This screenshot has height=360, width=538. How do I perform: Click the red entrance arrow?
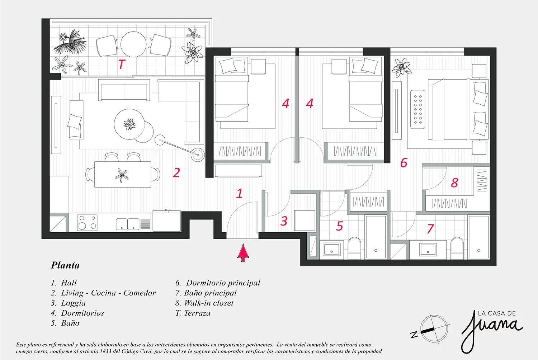tap(243, 253)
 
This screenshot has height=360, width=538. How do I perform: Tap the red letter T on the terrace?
tap(122, 64)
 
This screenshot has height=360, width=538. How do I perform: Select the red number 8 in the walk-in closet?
tap(454, 183)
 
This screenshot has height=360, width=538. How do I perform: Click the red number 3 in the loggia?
tap(284, 221)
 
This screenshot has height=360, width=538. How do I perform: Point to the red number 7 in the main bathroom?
tap(430, 229)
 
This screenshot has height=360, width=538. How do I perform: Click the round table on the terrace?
tap(133, 44)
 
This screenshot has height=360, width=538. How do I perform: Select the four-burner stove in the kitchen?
tap(87, 223)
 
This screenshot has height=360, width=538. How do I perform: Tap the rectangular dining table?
tap(123, 174)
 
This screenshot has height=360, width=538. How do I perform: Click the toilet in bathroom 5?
tap(354, 248)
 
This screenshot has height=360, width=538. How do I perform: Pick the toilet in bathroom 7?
tap(457, 248)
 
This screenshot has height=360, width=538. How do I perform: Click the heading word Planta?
tap(65, 265)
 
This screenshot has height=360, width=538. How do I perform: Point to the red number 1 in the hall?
tap(239, 193)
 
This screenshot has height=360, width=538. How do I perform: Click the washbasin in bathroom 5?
tap(332, 249)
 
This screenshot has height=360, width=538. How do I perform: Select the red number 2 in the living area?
tap(176, 173)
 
